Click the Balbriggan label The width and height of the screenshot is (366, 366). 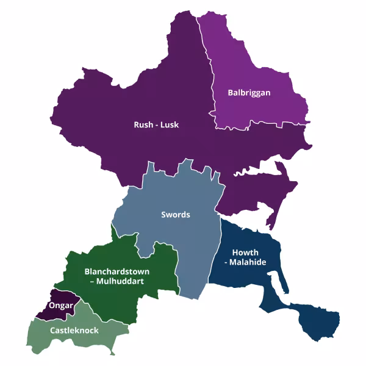coord(248,93)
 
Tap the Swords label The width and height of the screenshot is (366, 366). coord(176,215)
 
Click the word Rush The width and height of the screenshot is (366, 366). coord(143,125)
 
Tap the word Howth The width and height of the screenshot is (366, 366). coord(245,253)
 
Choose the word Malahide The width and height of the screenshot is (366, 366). coord(251,262)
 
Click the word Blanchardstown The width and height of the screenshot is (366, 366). coord(117,271)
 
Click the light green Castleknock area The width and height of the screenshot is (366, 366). coord(91,339)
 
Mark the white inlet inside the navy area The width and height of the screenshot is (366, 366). coord(274,283)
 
